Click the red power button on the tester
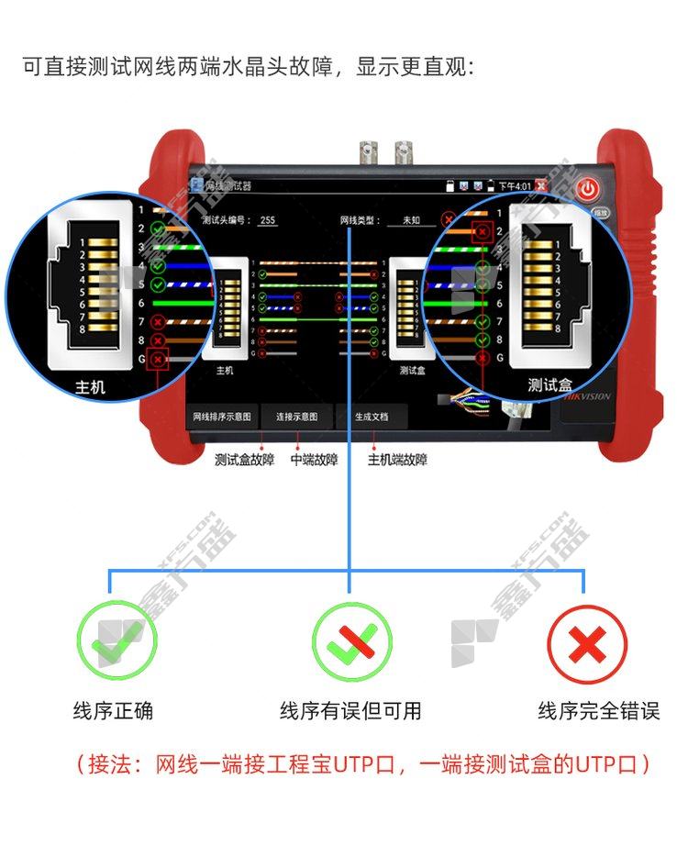[x=588, y=190]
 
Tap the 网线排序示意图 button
[x=222, y=417]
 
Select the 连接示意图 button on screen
[x=297, y=417]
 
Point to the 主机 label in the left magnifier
[x=90, y=387]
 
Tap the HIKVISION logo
[x=587, y=397]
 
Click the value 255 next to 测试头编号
[x=267, y=220]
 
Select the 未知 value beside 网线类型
[x=411, y=220]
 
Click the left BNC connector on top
[x=369, y=150]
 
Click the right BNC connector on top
[x=404, y=150]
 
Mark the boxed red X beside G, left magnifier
[x=159, y=359]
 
